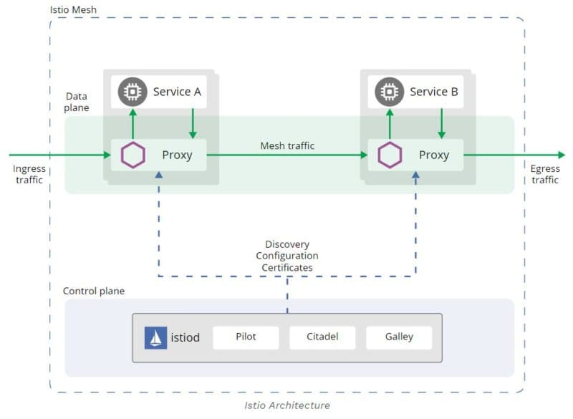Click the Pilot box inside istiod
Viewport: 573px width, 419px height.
coord(246,337)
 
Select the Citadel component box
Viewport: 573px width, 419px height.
coord(322,337)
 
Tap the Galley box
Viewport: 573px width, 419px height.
coord(399,337)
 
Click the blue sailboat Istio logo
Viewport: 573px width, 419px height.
coord(155,337)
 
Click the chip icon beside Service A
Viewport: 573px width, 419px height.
coord(132,92)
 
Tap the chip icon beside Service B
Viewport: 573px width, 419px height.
coord(389,92)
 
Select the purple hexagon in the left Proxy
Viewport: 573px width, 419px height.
coord(133,155)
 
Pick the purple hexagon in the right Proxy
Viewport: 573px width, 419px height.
coord(390,155)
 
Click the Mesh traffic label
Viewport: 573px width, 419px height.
coord(287,145)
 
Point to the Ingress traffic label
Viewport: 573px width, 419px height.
coord(29,175)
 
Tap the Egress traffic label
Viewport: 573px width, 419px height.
coord(545,175)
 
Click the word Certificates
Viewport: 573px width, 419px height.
coord(287,267)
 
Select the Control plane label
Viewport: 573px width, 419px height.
coord(94,291)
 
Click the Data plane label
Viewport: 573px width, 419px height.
coord(77,102)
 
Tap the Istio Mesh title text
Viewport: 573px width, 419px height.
coord(73,11)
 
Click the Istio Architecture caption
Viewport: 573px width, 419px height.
coord(287,405)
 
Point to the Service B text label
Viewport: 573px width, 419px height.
coord(434,92)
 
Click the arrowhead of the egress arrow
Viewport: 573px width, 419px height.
coord(560,155)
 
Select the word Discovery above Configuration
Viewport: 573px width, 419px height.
coord(287,244)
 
